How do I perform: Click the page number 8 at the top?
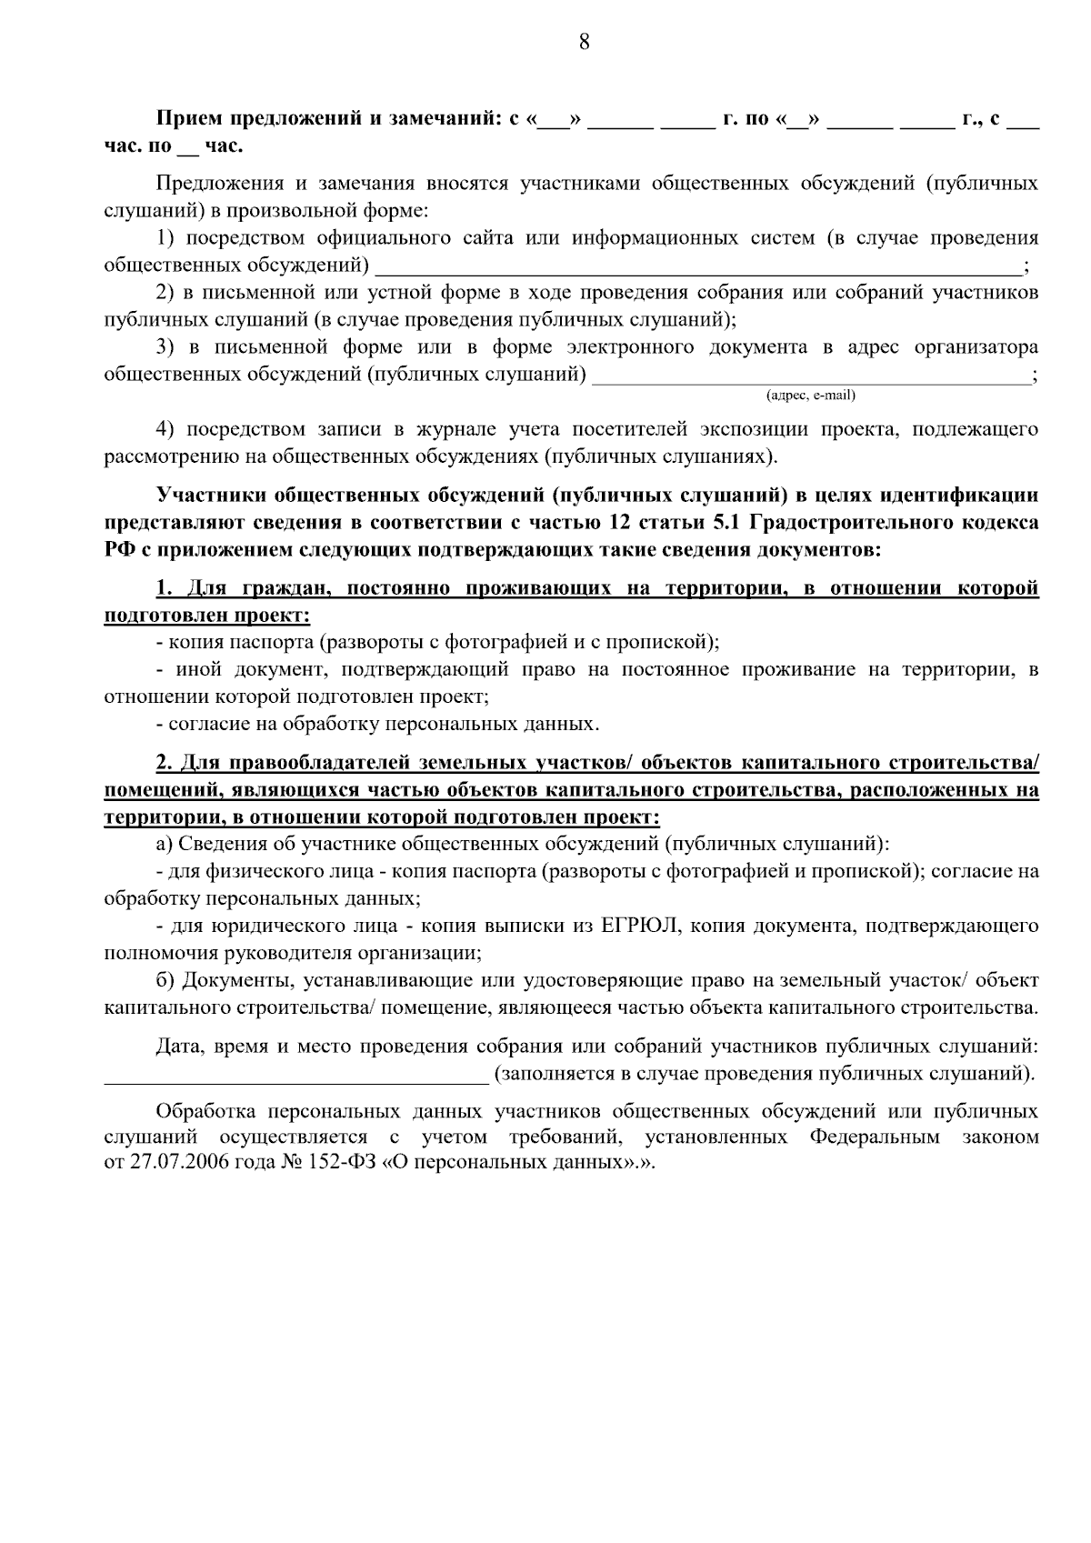[584, 42]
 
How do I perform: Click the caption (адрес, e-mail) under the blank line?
[811, 396]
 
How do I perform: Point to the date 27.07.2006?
[169, 1165]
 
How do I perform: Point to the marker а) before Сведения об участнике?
[164, 845]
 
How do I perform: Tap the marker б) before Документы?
[165, 981]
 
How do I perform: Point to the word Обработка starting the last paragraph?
[202, 1111]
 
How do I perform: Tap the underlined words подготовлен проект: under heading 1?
[207, 616]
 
